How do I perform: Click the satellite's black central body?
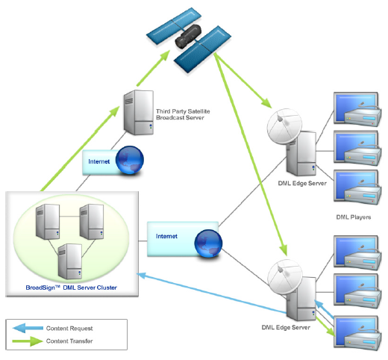pyautogui.click(x=188, y=37)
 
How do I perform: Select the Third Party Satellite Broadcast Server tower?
pyautogui.click(x=139, y=113)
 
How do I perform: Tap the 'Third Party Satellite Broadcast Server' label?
pyautogui.click(x=183, y=114)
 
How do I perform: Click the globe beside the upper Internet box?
pyautogui.click(x=130, y=160)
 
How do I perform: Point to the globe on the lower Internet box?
pyautogui.click(x=208, y=243)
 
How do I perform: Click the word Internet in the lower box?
pyautogui.click(x=166, y=236)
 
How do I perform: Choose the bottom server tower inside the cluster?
pyautogui.click(x=70, y=261)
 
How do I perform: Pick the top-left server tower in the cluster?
pyautogui.click(x=48, y=222)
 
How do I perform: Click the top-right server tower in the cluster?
pyautogui.click(x=92, y=222)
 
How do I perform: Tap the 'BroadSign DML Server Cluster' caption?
pyautogui.click(x=72, y=288)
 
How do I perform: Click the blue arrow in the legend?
pyautogui.click(x=28, y=328)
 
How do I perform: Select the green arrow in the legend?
pyautogui.click(x=28, y=341)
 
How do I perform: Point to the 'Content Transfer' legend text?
pyautogui.click(x=69, y=341)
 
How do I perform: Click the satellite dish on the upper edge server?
pyautogui.click(x=284, y=126)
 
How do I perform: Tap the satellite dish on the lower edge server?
pyautogui.click(x=285, y=277)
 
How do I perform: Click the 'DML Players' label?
pyautogui.click(x=354, y=217)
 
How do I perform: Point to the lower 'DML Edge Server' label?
pyautogui.click(x=286, y=327)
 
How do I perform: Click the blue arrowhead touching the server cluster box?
pyautogui.click(x=141, y=275)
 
